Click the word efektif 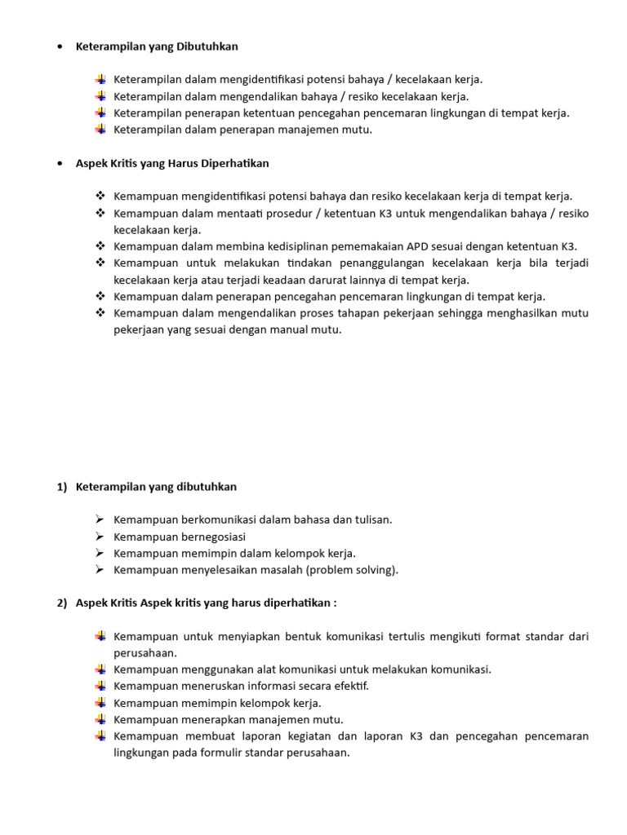pos(346,686)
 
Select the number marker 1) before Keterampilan pos(61,487)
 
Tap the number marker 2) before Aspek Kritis pos(61,603)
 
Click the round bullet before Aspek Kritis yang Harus pos(61,163)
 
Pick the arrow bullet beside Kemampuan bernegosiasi pos(100,537)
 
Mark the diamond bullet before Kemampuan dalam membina pos(100,246)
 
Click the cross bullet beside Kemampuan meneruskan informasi pos(100,686)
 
